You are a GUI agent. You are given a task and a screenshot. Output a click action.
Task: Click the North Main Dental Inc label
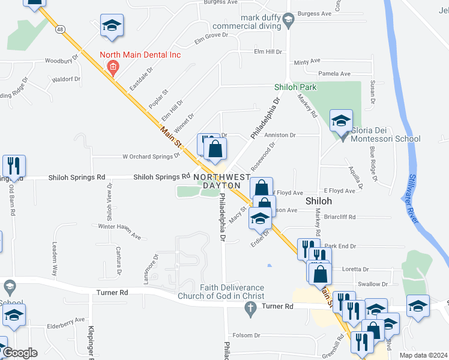pyautogui.click(x=140, y=55)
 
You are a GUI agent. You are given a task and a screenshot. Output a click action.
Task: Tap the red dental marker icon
pyautogui.click(x=113, y=66)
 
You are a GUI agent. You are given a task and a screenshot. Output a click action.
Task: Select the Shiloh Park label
pyautogui.click(x=295, y=87)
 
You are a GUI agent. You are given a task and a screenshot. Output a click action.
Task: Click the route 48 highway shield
pyautogui.click(x=60, y=28)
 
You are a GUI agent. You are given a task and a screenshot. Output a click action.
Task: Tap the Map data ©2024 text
pyautogui.click(x=423, y=355)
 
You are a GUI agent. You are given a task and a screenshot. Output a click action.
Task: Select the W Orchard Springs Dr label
pyautogui.click(x=151, y=157)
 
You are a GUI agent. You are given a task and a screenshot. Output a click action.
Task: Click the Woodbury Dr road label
pyautogui.click(x=62, y=60)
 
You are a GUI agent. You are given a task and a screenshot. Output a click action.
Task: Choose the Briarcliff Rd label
pyautogui.click(x=340, y=217)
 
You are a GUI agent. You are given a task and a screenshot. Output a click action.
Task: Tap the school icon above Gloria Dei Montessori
pyautogui.click(x=340, y=121)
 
